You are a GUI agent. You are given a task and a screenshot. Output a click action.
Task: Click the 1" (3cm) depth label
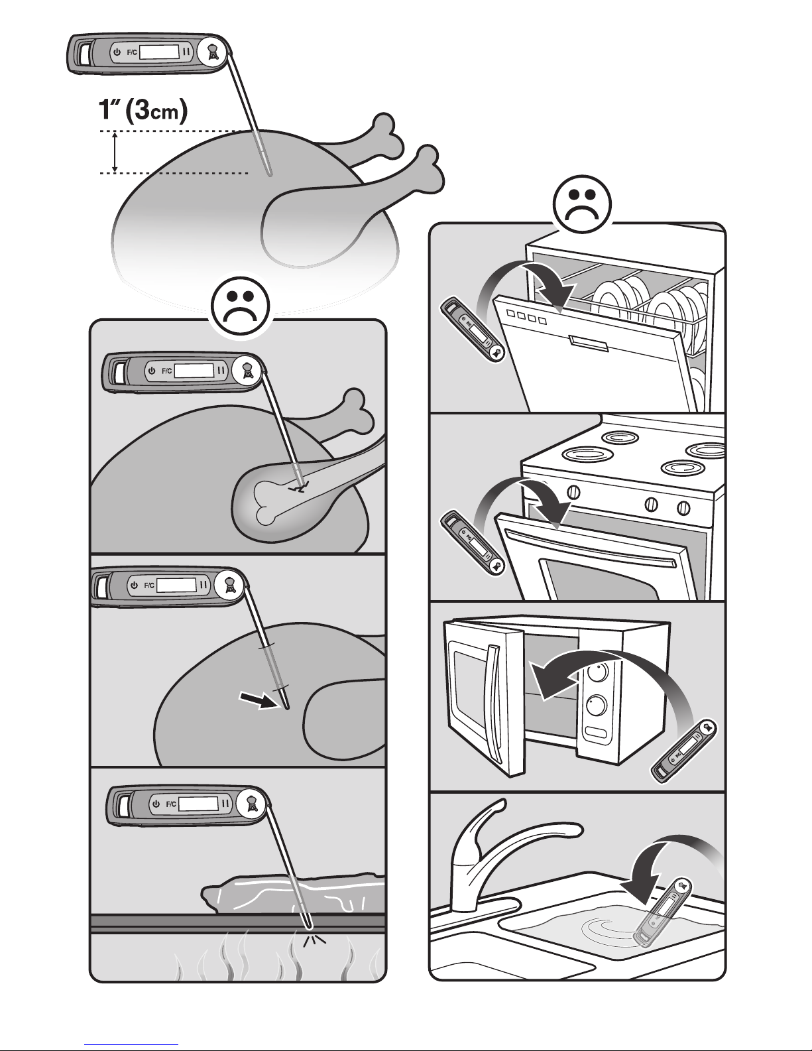[143, 111]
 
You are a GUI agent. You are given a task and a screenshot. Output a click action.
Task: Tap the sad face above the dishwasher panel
[583, 204]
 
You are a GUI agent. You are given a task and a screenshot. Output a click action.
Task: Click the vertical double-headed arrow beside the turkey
[115, 152]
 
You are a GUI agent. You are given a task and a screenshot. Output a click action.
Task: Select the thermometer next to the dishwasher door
[473, 329]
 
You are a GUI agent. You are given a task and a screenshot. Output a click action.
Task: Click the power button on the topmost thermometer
[117, 52]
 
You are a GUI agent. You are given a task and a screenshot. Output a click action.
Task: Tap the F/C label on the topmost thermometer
[131, 52]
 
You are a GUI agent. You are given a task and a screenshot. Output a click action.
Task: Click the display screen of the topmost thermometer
[160, 52]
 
